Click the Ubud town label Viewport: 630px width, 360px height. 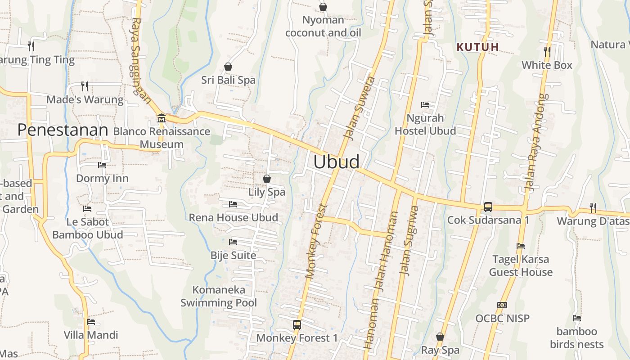[336, 162]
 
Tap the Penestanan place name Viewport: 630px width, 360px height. [63, 130]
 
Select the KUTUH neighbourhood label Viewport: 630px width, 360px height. [478, 47]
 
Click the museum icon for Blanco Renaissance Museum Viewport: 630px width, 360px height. [161, 118]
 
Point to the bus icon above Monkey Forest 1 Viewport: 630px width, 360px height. [297, 324]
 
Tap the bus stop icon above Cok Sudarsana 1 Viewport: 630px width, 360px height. [488, 207]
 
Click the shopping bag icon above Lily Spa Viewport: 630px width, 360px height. [267, 179]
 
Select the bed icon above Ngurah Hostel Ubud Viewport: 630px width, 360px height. [425, 105]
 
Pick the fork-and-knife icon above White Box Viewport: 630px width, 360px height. [547, 52]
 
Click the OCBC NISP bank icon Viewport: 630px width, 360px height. [502, 305]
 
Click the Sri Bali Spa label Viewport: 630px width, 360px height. [228, 80]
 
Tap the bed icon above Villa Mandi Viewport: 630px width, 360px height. [91, 322]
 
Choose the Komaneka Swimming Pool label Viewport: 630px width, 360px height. [219, 296]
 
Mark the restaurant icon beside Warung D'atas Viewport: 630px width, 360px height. [593, 207]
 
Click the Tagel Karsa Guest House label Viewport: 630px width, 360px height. [521, 265]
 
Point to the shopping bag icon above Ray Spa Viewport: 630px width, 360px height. [440, 337]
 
